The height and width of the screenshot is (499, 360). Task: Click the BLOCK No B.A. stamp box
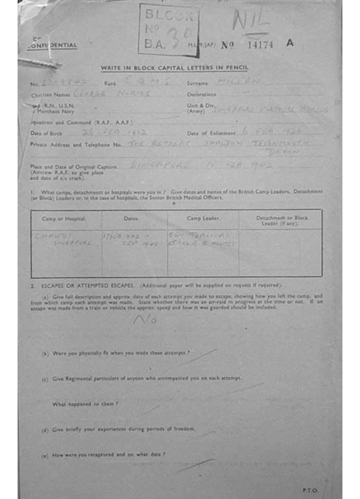coord(168,29)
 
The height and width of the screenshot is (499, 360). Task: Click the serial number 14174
coord(260,45)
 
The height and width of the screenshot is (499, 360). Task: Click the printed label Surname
coord(197,83)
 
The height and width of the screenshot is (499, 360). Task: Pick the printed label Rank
coord(109,83)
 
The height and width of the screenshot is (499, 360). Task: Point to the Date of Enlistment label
coord(211,133)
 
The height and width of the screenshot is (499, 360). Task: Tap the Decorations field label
coord(201,95)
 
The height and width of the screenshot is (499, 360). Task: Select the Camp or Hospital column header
coord(64,219)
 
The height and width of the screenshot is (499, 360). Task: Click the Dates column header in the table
coord(131,219)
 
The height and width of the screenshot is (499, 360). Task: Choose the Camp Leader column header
coord(203,219)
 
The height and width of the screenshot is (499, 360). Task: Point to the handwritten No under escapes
coord(145,320)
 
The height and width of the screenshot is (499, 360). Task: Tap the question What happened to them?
coord(85,404)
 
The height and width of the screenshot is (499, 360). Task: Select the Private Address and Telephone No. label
coord(76,145)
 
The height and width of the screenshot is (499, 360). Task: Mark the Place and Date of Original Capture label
coord(74,167)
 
